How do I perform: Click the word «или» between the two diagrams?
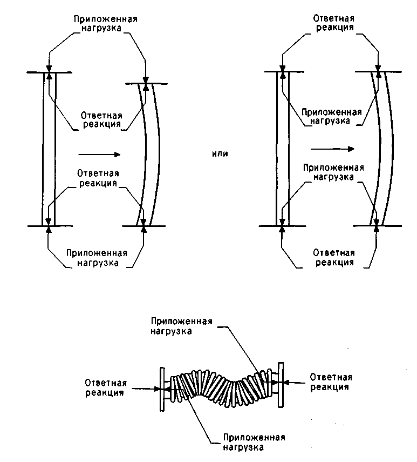220,153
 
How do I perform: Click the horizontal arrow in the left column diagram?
99,154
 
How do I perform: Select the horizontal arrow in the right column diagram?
333,149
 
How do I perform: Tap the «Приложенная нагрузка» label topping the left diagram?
105,24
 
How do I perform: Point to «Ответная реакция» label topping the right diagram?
334,23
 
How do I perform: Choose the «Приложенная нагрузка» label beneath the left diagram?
97,258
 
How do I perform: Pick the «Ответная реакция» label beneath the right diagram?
334,258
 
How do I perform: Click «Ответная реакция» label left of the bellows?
106,388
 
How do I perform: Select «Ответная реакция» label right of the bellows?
331,382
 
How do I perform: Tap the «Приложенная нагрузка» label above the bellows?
181,326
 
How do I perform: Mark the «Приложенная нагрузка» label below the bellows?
254,442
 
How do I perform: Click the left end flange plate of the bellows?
162,389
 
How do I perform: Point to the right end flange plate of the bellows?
281,385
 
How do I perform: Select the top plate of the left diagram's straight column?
49,72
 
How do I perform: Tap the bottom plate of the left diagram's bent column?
144,226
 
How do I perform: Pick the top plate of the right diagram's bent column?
379,72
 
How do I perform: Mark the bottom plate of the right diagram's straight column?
282,226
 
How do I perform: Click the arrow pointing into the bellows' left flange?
146,389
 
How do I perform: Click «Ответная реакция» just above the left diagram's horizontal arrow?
101,119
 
